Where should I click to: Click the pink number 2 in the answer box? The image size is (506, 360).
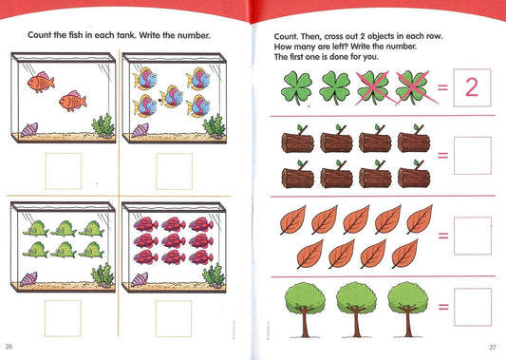coord(472,87)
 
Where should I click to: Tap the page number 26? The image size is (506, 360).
coord(9,347)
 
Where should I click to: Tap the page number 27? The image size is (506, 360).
coord(493,348)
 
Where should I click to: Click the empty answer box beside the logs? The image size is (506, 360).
coord(473,156)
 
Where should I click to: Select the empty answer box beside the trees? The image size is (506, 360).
coord(473,308)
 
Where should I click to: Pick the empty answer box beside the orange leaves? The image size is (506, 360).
coord(473,236)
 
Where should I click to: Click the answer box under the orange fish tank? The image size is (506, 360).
coord(64,171)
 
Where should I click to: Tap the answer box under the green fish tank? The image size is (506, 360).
coord(63,318)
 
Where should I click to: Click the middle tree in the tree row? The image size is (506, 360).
coord(356,310)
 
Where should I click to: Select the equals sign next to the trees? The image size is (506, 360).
coord(443,307)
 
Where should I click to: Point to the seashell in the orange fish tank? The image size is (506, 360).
coord(29,130)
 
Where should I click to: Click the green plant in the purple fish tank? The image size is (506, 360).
coord(214,275)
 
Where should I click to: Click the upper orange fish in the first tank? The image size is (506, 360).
coord(41,82)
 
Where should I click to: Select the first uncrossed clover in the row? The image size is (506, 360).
coord(296,87)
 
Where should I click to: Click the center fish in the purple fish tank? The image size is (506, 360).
coord(174,240)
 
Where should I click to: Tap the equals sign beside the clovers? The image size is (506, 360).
coord(442,87)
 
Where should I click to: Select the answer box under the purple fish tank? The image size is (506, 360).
coord(174,318)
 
